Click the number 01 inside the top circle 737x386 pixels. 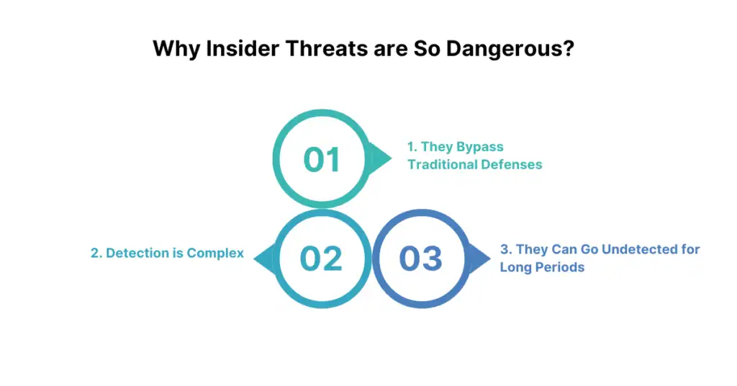321,160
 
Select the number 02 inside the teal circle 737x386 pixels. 321,258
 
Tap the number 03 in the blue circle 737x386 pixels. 420,258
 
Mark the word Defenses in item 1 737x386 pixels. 512,164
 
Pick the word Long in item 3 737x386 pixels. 515,267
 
